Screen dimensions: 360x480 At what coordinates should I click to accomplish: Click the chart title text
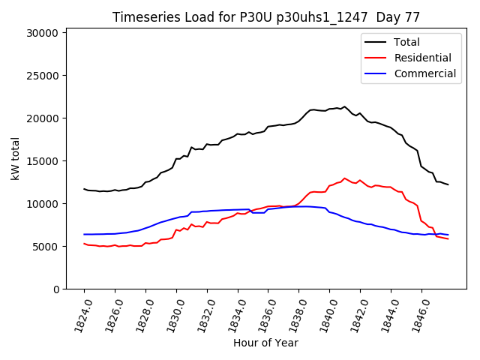click(x=266, y=16)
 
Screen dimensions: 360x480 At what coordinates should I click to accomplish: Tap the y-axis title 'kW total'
click(x=16, y=158)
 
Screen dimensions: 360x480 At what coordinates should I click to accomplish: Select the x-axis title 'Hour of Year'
click(x=265, y=343)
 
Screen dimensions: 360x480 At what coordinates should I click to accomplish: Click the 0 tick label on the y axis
click(x=56, y=289)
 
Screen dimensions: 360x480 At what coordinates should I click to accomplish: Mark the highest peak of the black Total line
click(x=345, y=106)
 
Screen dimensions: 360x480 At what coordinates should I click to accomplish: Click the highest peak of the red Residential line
click(x=345, y=178)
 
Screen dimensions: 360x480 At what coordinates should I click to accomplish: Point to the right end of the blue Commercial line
click(x=448, y=235)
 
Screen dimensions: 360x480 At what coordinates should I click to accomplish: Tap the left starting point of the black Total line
click(x=84, y=189)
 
